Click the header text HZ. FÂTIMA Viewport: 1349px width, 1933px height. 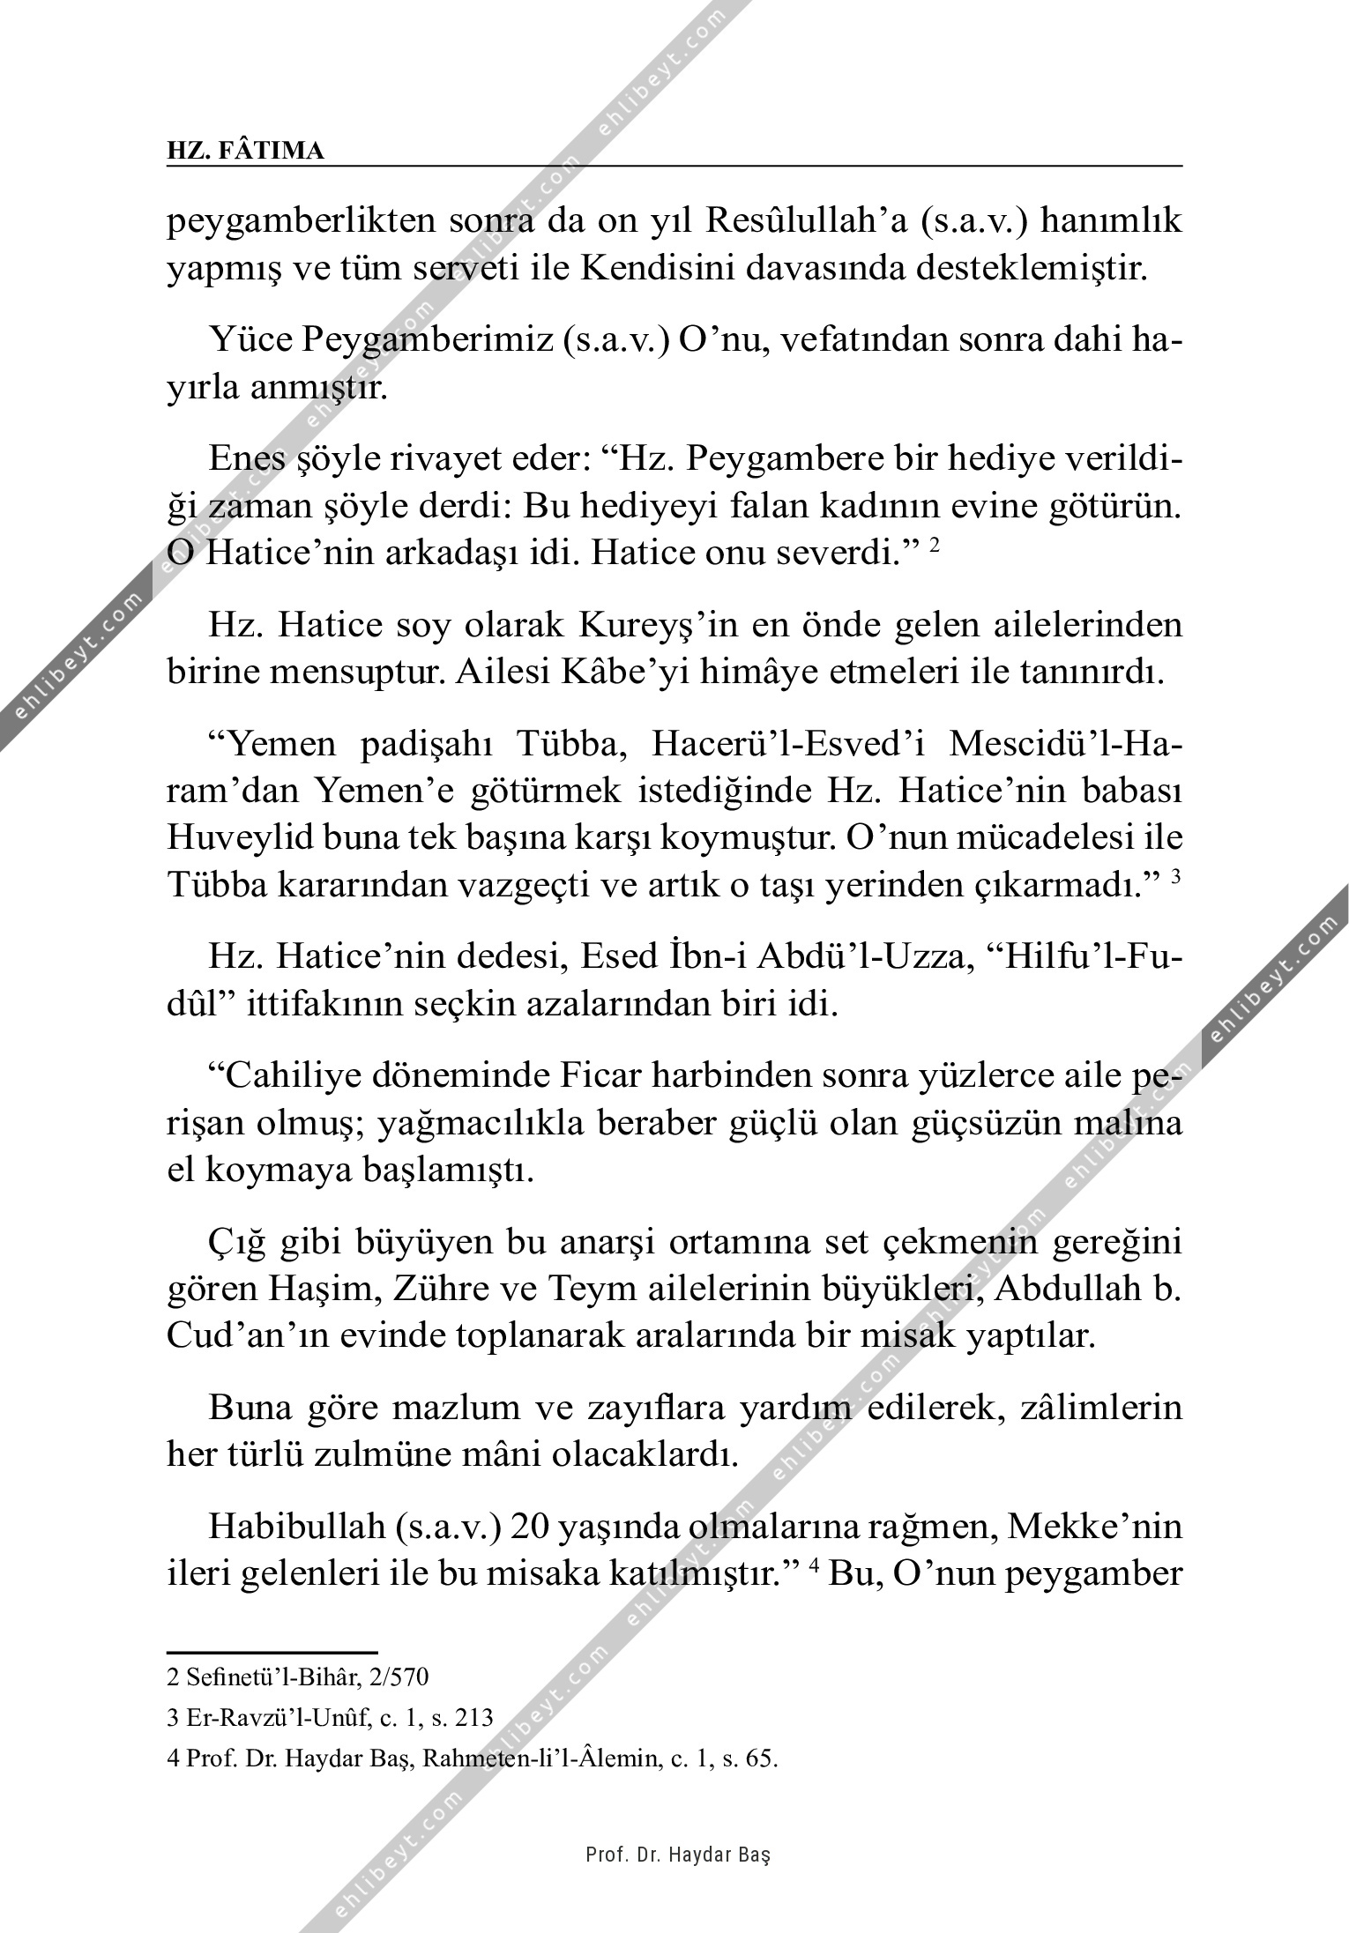pyautogui.click(x=245, y=151)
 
